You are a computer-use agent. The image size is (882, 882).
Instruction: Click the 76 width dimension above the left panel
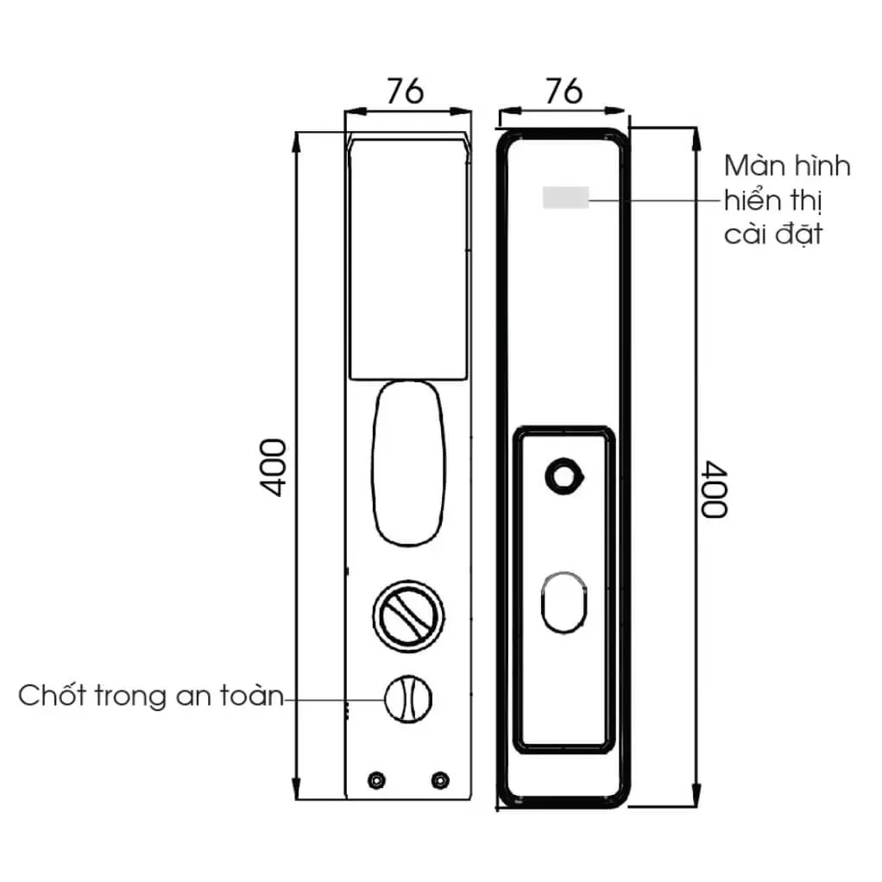pos(405,91)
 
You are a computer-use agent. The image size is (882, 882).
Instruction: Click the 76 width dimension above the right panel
pos(564,91)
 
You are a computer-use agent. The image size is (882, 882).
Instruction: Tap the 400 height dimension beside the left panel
pos(274,468)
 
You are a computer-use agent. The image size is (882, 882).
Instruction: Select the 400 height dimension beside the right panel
pos(714,488)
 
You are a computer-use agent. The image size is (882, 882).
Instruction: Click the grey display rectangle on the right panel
pos(565,198)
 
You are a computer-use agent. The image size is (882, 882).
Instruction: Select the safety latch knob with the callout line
pos(408,699)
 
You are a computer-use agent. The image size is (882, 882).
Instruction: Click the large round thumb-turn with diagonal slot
pos(409,616)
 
